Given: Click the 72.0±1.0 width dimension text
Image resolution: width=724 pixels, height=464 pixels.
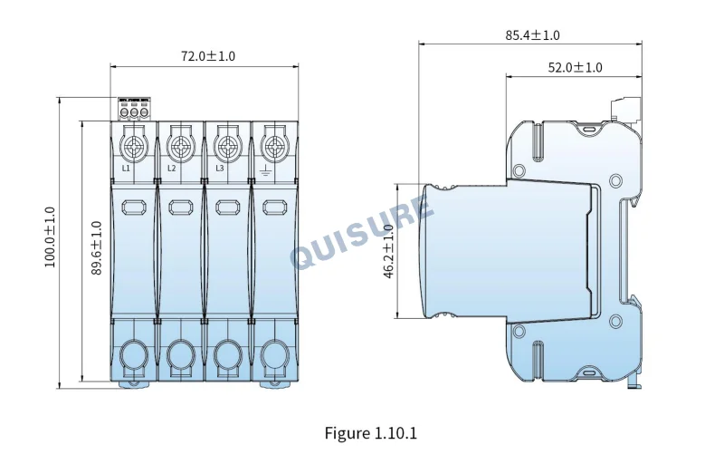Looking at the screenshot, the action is tap(208, 56).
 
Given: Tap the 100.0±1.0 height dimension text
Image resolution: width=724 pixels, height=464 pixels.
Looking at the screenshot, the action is tap(50, 237).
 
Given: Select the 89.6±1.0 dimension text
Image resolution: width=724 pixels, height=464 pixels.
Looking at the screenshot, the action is tap(96, 248).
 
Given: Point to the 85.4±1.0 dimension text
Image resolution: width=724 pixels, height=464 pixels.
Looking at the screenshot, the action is tap(532, 35).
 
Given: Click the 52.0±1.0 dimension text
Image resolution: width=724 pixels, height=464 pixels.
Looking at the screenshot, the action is tap(575, 67).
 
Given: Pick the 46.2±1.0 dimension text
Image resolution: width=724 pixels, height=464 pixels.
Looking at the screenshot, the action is tap(388, 251).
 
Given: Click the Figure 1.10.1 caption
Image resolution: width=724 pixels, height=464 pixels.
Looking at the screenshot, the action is tap(371, 433).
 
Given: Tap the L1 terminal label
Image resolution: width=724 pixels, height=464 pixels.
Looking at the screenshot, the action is tap(126, 169).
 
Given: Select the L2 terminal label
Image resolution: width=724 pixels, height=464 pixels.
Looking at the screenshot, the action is tap(171, 169).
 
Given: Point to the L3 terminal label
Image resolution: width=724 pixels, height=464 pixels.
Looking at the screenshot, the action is tap(219, 169).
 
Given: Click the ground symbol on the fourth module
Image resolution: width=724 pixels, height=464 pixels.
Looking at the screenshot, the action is tap(264, 171).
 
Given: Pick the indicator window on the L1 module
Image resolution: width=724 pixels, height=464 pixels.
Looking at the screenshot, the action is tap(134, 207).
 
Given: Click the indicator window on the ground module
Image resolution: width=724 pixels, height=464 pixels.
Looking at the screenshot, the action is tap(275, 207).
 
